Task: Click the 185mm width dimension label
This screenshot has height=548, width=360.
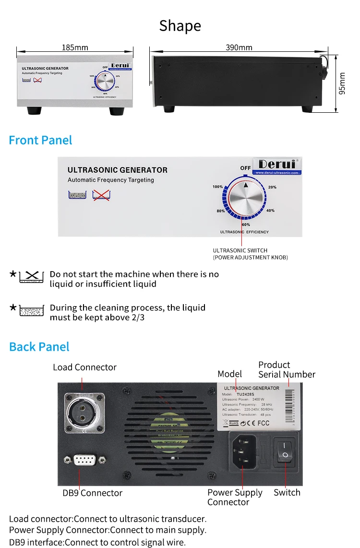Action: [75, 48]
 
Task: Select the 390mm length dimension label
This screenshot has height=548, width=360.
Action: [239, 48]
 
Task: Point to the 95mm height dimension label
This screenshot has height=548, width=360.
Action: [342, 83]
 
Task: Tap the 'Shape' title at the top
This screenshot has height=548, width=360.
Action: [180, 26]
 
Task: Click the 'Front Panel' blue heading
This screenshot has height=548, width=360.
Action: [40, 140]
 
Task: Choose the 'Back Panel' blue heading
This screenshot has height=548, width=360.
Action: [39, 346]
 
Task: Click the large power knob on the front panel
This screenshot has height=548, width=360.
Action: [246, 198]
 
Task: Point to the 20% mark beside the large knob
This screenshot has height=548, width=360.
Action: [272, 187]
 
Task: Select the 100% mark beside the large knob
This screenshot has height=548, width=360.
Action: [217, 187]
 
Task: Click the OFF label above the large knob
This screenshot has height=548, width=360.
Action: [246, 168]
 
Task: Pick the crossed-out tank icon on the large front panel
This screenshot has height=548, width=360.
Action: [101, 194]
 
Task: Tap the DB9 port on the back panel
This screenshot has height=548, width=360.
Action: [84, 461]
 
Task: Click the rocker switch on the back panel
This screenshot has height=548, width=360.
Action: [285, 450]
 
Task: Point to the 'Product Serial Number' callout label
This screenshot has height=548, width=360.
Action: [287, 369]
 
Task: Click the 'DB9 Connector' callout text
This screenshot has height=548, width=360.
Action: [92, 493]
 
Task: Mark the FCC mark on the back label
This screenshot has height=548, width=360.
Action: [263, 423]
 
